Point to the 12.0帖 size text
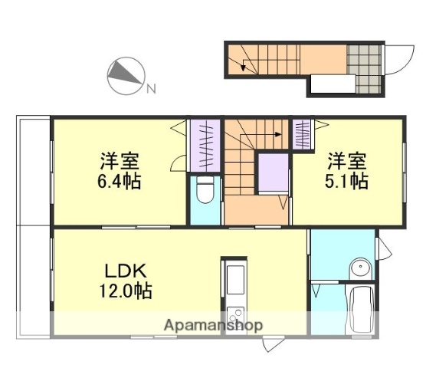pyautogui.click(x=126, y=291)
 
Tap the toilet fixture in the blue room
pyautogui.click(x=205, y=192)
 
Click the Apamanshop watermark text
pyautogui.click(x=214, y=325)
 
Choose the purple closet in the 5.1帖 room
pyautogui.click(x=303, y=134)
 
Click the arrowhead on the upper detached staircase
pyautogui.click(x=244, y=69)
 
